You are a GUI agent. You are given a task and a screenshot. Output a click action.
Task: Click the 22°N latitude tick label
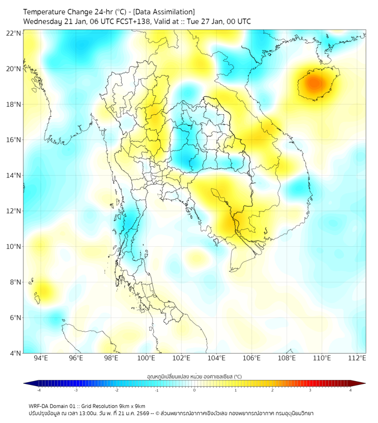pyautogui.click(x=14, y=34)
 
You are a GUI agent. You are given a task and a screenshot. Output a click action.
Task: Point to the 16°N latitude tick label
pyautogui.click(x=14, y=140)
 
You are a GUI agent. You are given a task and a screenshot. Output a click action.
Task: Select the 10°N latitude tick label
pyautogui.click(x=14, y=247)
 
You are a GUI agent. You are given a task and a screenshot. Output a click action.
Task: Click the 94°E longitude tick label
pyautogui.click(x=41, y=358)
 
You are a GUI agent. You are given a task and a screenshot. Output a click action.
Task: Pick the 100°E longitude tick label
pyautogui.click(x=146, y=358)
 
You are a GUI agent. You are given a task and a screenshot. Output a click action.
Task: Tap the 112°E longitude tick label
pyautogui.click(x=357, y=358)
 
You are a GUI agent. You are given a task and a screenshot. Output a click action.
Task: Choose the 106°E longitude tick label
pyautogui.click(x=252, y=358)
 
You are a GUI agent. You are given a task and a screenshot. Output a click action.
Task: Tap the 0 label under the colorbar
pyautogui.click(x=195, y=390)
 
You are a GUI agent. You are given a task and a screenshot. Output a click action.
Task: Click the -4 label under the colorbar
pyautogui.click(x=38, y=390)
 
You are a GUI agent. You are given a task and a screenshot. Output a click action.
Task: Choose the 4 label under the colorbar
pyautogui.click(x=351, y=390)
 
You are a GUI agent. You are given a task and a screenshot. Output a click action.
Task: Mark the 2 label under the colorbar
pyautogui.click(x=272, y=390)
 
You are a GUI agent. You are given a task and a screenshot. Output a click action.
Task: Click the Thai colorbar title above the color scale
pyautogui.click(x=194, y=377)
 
